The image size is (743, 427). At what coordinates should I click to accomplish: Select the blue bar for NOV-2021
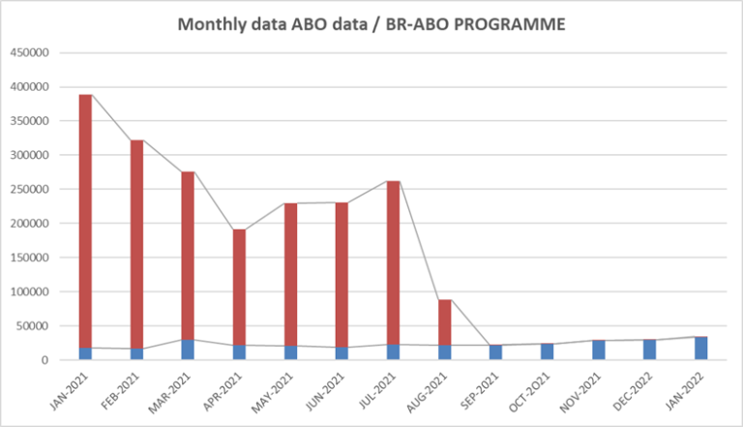[x=598, y=350]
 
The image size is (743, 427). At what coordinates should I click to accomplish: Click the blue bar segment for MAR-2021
[x=188, y=350]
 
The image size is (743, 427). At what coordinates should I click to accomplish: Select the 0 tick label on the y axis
[x=45, y=360]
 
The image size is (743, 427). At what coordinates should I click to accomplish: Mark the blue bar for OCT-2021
[x=547, y=351]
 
